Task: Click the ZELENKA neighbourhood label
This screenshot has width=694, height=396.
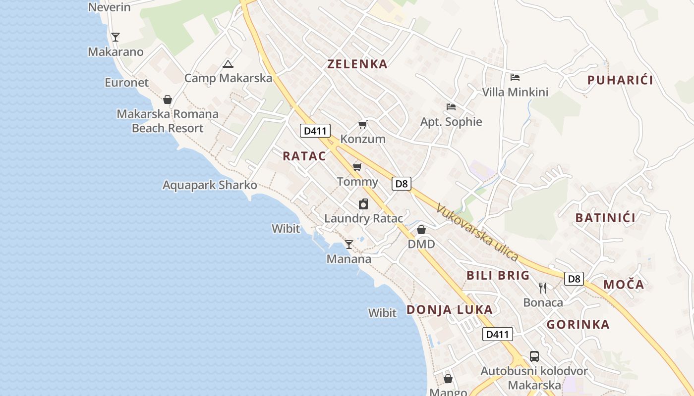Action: tap(357, 64)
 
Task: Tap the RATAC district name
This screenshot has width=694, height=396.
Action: tap(304, 156)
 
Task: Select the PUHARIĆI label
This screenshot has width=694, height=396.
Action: tap(620, 80)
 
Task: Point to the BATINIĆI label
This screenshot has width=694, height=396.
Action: tap(605, 217)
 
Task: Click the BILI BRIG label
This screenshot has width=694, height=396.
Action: tap(498, 276)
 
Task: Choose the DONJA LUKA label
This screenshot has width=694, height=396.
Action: tap(450, 310)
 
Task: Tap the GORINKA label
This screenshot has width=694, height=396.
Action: tap(578, 325)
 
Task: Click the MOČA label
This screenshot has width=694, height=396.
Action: tap(624, 285)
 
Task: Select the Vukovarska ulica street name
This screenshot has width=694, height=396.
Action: tap(477, 233)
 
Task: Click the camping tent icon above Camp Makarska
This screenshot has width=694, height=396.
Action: tap(228, 63)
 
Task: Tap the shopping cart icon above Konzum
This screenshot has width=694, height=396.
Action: tap(363, 124)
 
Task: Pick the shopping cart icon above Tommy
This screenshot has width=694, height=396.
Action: tap(357, 167)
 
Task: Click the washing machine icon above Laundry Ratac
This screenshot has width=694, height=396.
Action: tap(363, 204)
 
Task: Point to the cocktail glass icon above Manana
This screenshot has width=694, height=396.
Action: tap(349, 244)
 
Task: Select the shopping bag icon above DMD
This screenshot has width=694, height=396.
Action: tap(421, 230)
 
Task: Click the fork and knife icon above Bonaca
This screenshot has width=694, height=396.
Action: tap(543, 288)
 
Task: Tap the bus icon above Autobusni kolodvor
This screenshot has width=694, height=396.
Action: tap(534, 356)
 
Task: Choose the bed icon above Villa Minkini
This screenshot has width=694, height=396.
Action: tap(515, 77)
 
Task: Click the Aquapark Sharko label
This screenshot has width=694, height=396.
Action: tap(210, 185)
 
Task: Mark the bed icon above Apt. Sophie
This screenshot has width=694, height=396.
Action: tap(451, 106)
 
